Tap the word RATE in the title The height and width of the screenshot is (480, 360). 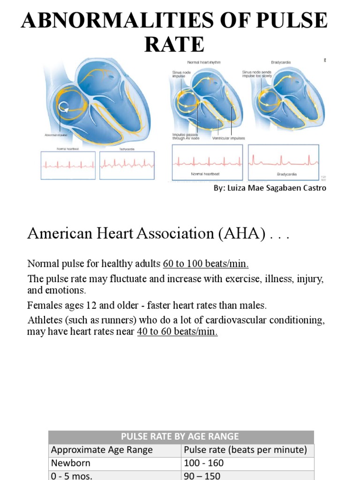pyautogui.click(x=174, y=45)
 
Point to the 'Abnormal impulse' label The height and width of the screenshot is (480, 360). pyautogui.click(x=56, y=135)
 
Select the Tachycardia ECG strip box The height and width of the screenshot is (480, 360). pyautogui.click(x=127, y=165)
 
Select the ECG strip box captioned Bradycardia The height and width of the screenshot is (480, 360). pyautogui.click(x=284, y=162)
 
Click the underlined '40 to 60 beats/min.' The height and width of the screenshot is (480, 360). pyautogui.click(x=177, y=332)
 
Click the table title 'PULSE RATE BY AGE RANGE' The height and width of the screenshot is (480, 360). pyautogui.click(x=180, y=436)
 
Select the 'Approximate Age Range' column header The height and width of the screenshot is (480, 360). pyautogui.click(x=102, y=450)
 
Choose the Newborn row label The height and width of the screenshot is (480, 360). pyautogui.click(x=71, y=463)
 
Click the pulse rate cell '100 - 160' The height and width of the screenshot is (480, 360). pyautogui.click(x=204, y=463)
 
